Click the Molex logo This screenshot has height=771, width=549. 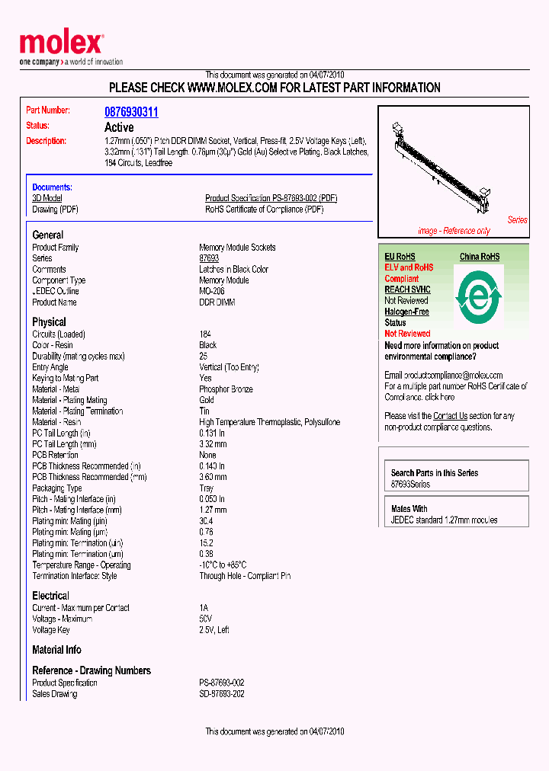[61, 46]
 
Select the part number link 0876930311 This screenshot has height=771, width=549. [131, 112]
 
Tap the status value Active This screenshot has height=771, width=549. [118, 127]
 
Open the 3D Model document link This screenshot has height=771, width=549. [47, 198]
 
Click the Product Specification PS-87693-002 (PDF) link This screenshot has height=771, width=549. [271, 198]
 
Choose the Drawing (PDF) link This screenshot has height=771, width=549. [55, 210]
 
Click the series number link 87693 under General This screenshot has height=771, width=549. [208, 258]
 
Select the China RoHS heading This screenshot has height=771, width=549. [479, 257]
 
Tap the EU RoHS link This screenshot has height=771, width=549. [400, 257]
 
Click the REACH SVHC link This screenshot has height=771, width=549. [407, 290]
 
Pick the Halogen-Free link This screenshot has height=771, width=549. [406, 312]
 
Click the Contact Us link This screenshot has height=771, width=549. [450, 416]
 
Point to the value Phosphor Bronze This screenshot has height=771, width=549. [226, 389]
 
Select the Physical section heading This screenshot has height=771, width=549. [49, 322]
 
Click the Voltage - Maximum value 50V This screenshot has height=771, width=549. [205, 619]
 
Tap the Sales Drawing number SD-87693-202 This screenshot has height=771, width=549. [221, 694]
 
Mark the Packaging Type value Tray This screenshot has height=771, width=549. [207, 488]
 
